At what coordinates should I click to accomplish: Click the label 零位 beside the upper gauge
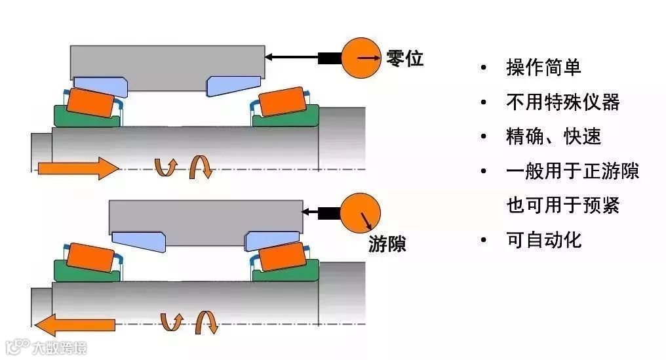coord(404,58)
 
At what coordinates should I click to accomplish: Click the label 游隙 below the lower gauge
coord(386,244)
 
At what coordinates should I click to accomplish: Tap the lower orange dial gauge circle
coord(361,212)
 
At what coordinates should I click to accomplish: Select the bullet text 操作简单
coord(543,67)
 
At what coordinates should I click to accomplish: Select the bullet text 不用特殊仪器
coord(562,102)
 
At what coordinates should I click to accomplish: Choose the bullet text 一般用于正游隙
coord(572,171)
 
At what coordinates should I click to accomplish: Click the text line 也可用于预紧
coord(562,205)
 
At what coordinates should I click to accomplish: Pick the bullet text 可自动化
coord(543,240)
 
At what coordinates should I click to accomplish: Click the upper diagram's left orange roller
coord(91,103)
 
